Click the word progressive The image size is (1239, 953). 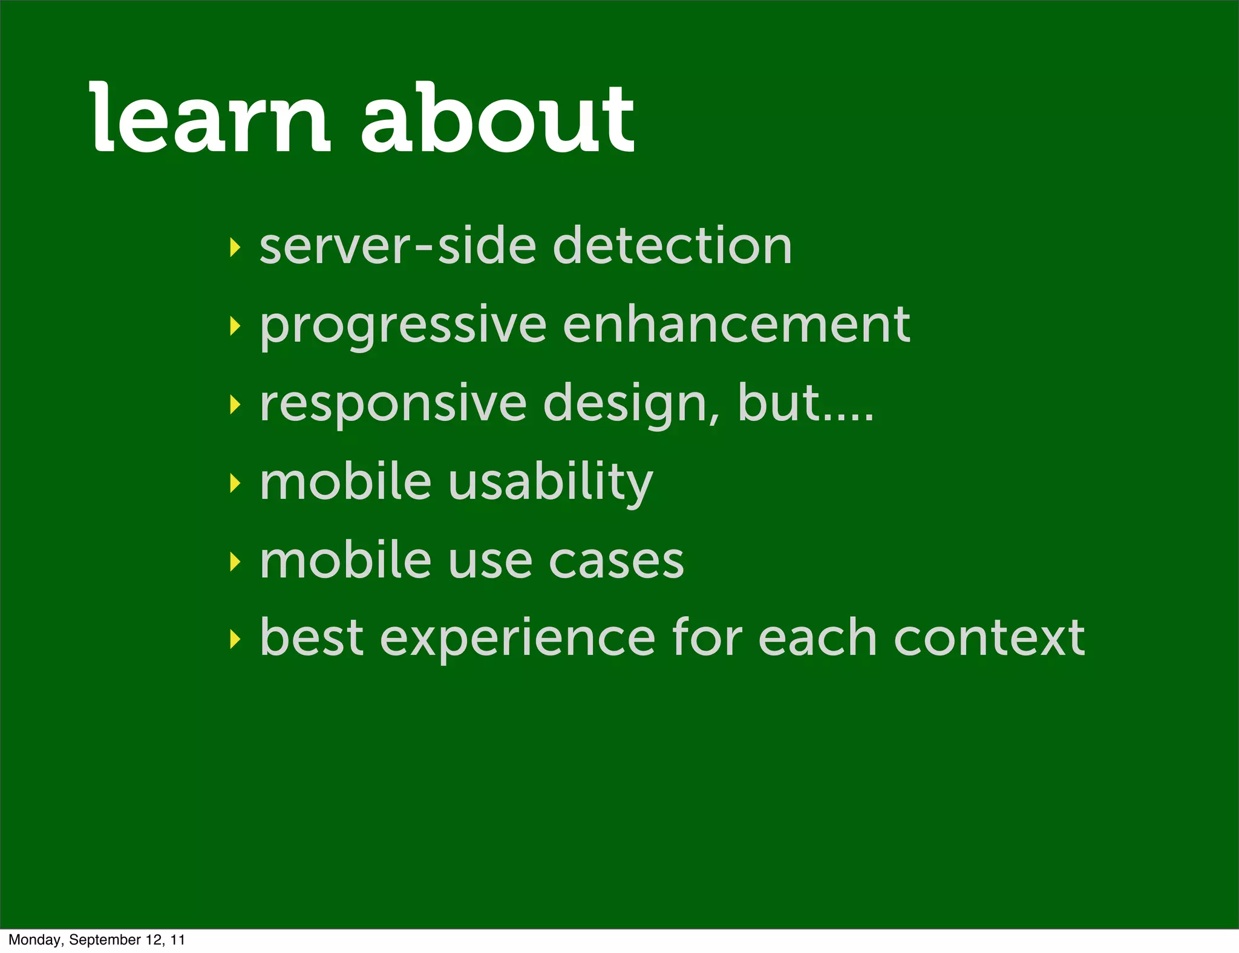click(x=404, y=327)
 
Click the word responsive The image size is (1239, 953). click(x=393, y=404)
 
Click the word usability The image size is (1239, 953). click(x=551, y=484)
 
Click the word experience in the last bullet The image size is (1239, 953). click(x=517, y=640)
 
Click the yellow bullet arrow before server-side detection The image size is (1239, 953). click(x=235, y=247)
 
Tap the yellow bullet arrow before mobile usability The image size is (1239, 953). click(x=235, y=483)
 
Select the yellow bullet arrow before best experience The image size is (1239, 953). click(x=235, y=639)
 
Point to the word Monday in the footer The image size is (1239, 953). click(x=34, y=940)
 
